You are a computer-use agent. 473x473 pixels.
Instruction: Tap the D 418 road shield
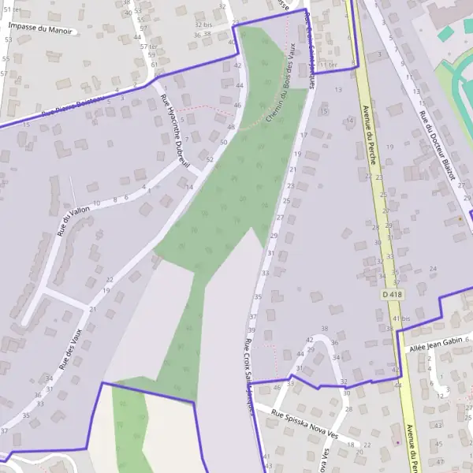[392, 294]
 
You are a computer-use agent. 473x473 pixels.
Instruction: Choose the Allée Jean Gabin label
[434, 343]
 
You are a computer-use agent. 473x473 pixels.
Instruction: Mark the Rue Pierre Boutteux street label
[73, 107]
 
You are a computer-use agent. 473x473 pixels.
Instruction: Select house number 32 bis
[203, 24]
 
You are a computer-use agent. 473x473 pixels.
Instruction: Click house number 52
[210, 159]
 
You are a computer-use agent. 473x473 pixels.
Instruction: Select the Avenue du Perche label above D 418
[368, 134]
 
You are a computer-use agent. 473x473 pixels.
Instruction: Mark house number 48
[231, 127]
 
